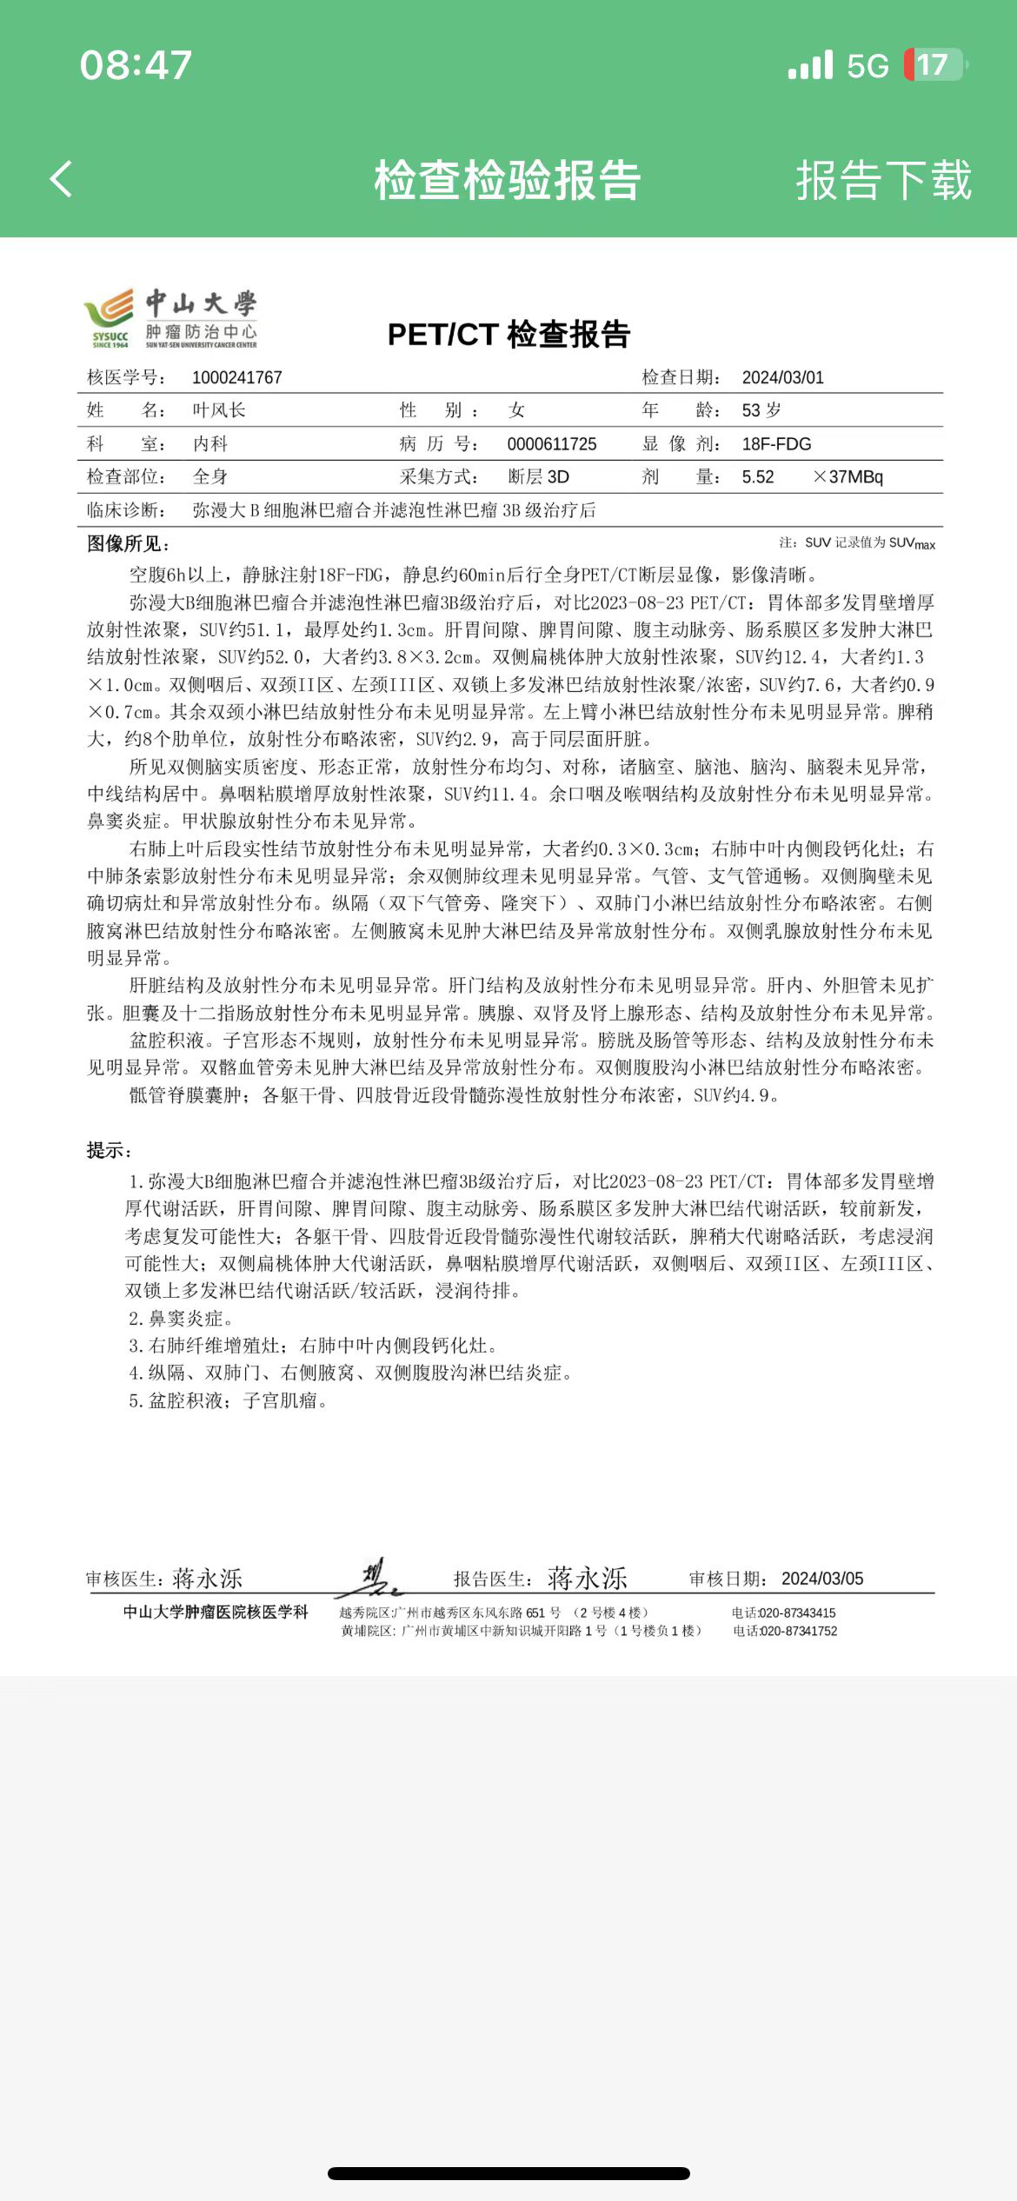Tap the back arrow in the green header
tap(61, 180)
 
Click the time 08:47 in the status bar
tap(136, 65)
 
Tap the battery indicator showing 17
tap(934, 65)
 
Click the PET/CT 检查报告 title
tap(508, 335)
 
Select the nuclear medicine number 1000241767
tap(237, 378)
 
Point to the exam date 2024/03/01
tap(782, 378)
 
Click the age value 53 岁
tap(761, 410)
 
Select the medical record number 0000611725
tap(552, 444)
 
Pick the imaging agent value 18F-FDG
tap(776, 444)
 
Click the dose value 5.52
tap(758, 477)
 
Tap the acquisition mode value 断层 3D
tap(539, 477)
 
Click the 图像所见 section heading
tap(128, 544)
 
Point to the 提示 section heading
tap(109, 1151)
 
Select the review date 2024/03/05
tap(822, 1579)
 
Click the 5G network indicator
tap(867, 66)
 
